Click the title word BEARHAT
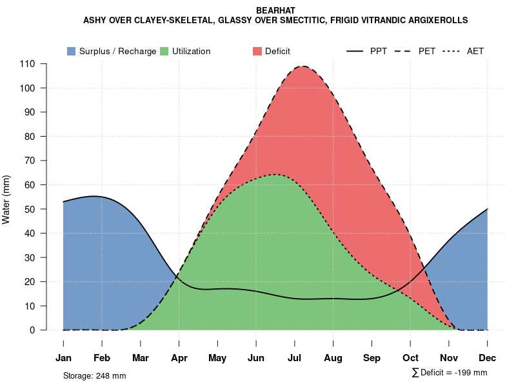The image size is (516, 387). pyautogui.click(x=275, y=11)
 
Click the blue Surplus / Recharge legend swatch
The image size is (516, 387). pyautogui.click(x=71, y=51)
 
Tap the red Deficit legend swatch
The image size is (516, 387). pyautogui.click(x=257, y=51)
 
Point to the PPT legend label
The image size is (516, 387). pyautogui.click(x=379, y=51)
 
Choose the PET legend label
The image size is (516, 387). pyautogui.click(x=426, y=51)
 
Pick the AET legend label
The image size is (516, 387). pyautogui.click(x=475, y=51)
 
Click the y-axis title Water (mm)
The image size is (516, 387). pyautogui.click(x=6, y=199)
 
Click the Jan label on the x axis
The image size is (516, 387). pyautogui.click(x=63, y=358)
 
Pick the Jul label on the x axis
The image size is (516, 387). pyautogui.click(x=295, y=358)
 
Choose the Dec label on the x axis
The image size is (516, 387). pyautogui.click(x=488, y=358)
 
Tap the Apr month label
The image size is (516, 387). pyautogui.click(x=179, y=358)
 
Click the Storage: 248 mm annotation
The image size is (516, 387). pyautogui.click(x=94, y=375)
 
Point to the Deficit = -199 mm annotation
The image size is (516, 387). pyautogui.click(x=450, y=373)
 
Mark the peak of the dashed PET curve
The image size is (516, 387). pyautogui.click(x=302, y=66)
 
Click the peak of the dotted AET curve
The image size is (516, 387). pyautogui.click(x=276, y=174)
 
